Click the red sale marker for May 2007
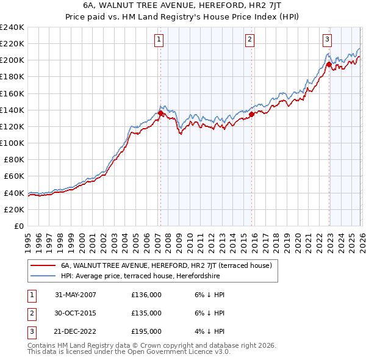pyautogui.click(x=160, y=113)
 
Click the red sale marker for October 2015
pyautogui.click(x=251, y=113)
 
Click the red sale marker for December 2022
pyautogui.click(x=328, y=64)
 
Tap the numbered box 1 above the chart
pyautogui.click(x=159, y=40)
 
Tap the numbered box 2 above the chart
pyautogui.click(x=250, y=40)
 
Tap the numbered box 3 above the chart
pyautogui.click(x=327, y=40)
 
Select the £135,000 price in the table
pyautogui.click(x=146, y=313)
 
